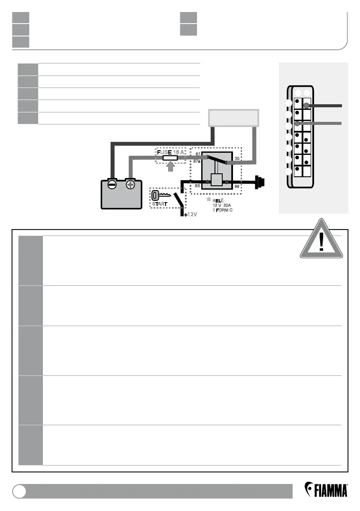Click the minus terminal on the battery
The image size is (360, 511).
click(x=112, y=185)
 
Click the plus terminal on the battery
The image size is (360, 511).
click(x=130, y=185)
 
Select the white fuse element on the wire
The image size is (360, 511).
click(x=170, y=158)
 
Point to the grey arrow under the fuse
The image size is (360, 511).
click(x=170, y=167)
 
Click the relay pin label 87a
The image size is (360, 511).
click(x=197, y=161)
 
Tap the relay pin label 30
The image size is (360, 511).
click(x=237, y=159)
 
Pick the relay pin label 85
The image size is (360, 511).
click(x=197, y=186)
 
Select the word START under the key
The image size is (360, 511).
click(x=160, y=203)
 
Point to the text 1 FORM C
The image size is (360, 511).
click(x=222, y=210)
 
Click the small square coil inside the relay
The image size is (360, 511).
click(x=217, y=181)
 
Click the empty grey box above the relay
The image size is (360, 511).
click(x=233, y=118)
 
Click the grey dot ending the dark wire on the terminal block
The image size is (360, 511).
click(x=306, y=105)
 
